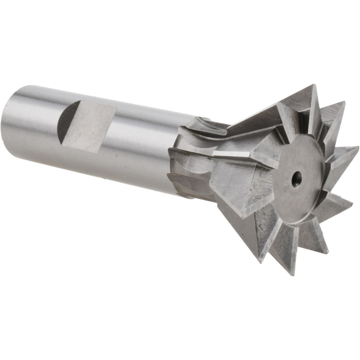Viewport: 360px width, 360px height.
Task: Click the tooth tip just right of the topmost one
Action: click(344, 103)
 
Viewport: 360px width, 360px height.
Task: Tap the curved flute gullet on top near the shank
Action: click(209, 124)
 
